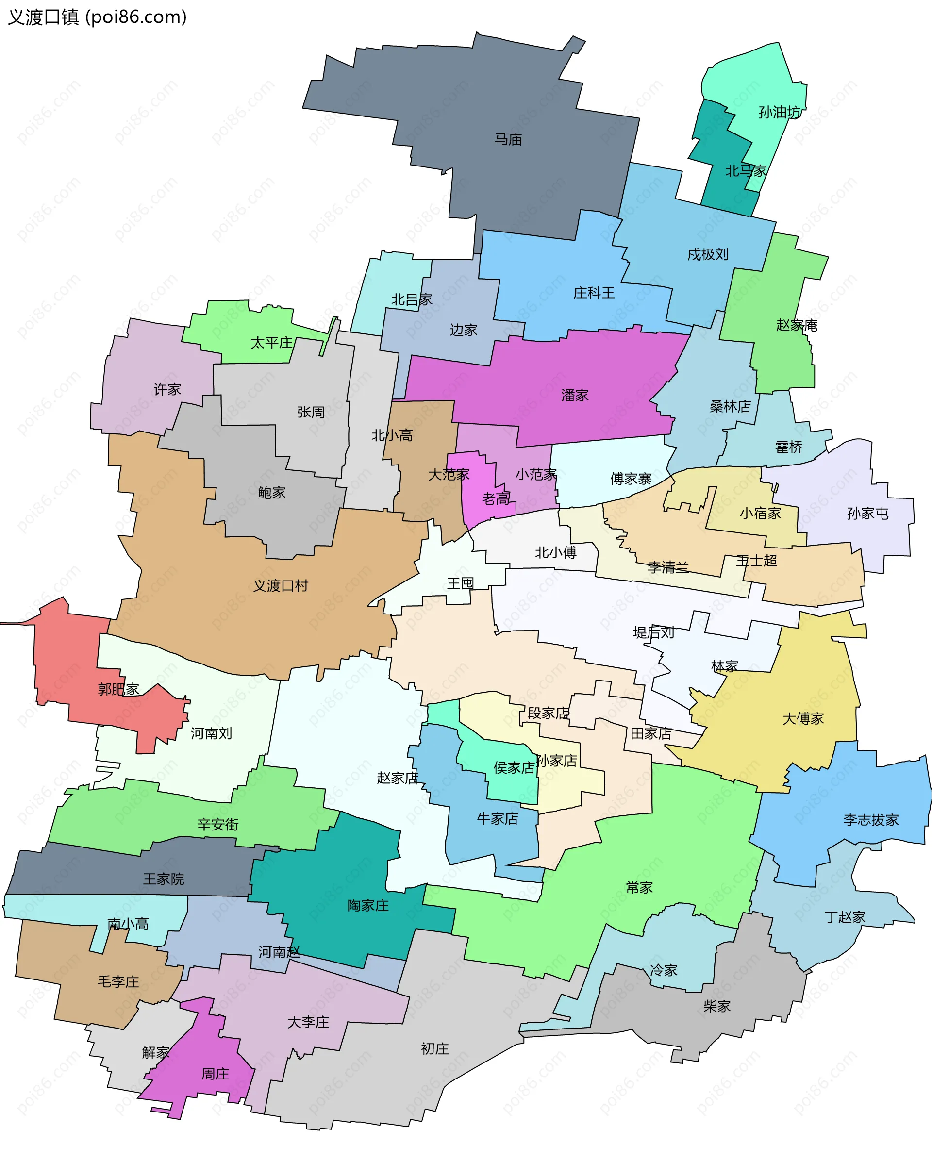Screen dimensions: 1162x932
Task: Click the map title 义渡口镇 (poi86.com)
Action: click(x=97, y=17)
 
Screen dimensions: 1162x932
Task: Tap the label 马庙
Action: click(x=508, y=140)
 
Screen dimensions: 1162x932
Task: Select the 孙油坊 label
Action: click(x=780, y=112)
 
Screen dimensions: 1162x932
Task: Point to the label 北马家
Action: click(x=746, y=171)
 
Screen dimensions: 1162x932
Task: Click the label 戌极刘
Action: click(x=708, y=254)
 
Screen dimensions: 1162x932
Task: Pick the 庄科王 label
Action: click(x=594, y=293)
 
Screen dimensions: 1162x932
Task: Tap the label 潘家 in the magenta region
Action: click(x=575, y=396)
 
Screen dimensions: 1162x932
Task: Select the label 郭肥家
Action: click(x=118, y=689)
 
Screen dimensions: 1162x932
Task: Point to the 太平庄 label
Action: click(x=271, y=343)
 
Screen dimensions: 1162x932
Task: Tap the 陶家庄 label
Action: click(x=367, y=905)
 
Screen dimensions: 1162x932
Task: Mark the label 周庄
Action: click(x=215, y=1074)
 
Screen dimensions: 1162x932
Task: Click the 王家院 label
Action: click(x=163, y=879)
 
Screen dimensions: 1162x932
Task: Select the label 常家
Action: click(x=639, y=888)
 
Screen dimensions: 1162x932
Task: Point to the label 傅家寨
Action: click(x=631, y=479)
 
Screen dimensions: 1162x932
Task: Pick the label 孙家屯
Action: click(x=867, y=513)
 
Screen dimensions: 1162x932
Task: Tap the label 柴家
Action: click(x=716, y=1006)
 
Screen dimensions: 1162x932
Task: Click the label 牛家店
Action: click(x=497, y=819)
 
